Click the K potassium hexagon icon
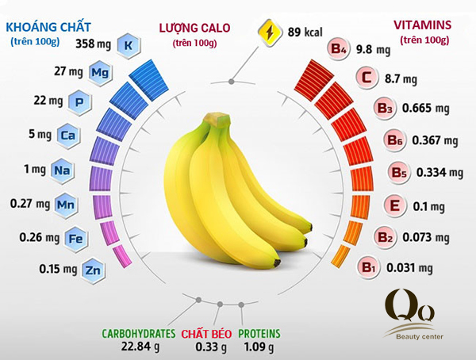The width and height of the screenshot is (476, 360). coord(128,44)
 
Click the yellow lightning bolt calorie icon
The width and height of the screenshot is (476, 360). coord(270,34)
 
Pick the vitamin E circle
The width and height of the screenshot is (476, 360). coord(392,207)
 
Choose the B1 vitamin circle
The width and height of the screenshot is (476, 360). coord(369,267)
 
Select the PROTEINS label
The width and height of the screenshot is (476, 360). coord(259,334)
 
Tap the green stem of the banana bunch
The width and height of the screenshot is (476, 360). coord(212,124)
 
